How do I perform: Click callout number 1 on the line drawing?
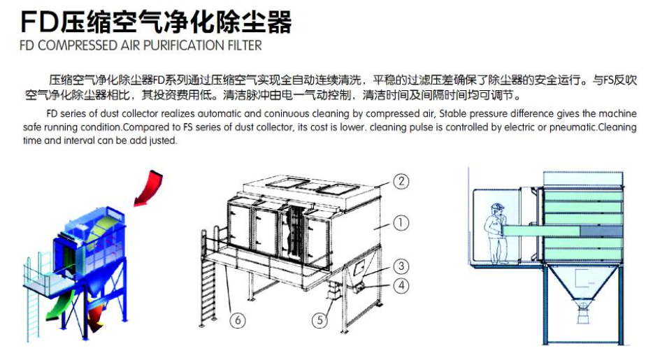pos(401,223)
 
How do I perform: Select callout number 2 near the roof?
pos(401,181)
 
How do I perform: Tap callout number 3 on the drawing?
pos(401,266)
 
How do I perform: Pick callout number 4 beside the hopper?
pos(401,285)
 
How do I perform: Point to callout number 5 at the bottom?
pos(320,320)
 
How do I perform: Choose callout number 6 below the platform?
pos(238,320)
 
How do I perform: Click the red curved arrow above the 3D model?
pos(149,187)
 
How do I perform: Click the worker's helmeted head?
pos(497,208)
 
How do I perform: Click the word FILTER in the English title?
pos(245,45)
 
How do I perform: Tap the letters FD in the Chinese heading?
pos(40,22)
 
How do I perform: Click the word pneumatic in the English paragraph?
pos(573,127)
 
